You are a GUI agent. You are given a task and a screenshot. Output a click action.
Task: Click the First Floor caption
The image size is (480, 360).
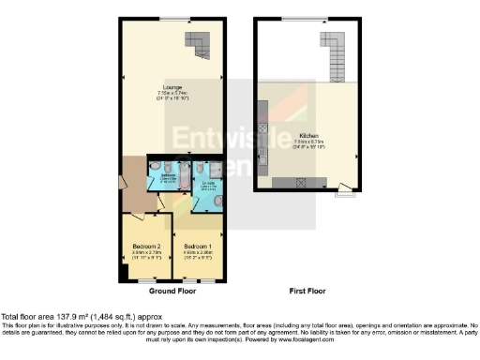(x=307, y=292)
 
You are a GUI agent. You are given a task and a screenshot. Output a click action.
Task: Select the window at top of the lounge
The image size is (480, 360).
(x=171, y=20)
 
